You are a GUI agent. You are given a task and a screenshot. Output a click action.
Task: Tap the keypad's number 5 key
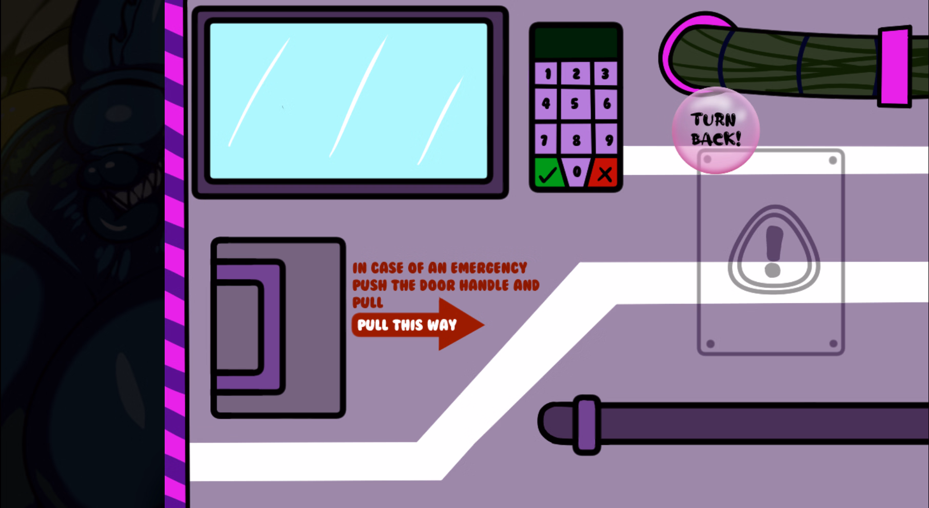576,104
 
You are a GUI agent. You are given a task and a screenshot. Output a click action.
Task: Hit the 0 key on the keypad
577,172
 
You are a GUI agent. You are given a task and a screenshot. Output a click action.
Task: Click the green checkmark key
548,173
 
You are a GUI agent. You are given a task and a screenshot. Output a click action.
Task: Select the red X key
604,173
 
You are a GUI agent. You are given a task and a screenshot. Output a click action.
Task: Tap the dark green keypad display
576,43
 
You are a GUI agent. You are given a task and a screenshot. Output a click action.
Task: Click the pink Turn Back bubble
716,130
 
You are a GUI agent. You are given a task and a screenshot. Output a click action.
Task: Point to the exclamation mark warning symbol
774,250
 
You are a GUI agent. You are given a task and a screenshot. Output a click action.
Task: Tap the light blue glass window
349,101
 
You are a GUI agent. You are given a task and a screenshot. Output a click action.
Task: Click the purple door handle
249,327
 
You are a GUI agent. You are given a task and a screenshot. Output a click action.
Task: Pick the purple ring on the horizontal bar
587,425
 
